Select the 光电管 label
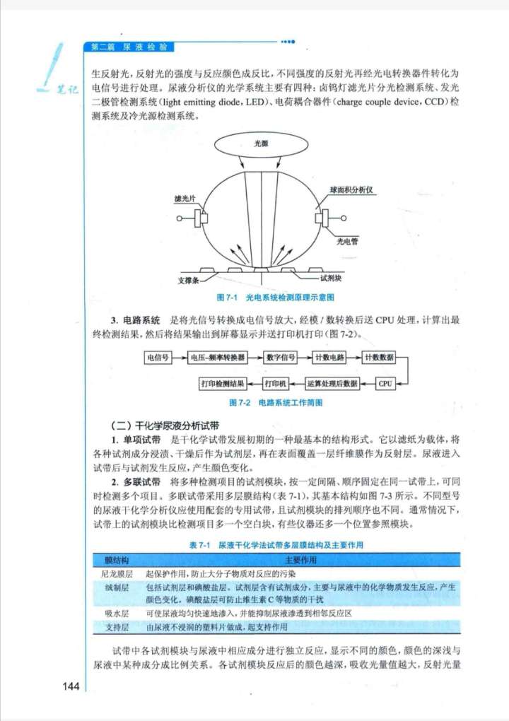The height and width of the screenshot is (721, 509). point(346,242)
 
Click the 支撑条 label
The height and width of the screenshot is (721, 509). point(189,281)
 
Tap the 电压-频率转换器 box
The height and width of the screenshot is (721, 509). point(218,358)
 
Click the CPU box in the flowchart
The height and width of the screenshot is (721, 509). point(385,384)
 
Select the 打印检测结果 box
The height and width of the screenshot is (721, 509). point(223,384)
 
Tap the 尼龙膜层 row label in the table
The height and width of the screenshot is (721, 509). point(116,574)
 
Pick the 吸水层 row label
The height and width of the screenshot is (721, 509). point(116,613)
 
